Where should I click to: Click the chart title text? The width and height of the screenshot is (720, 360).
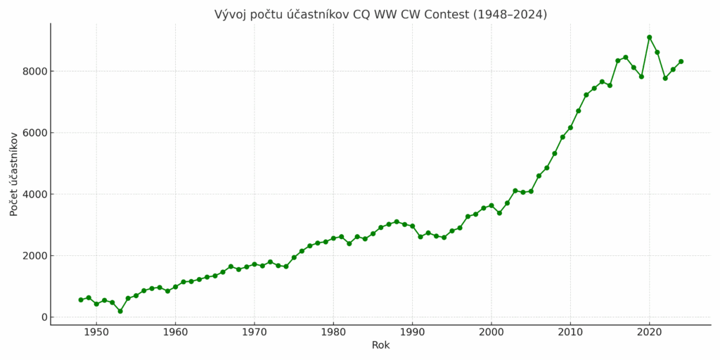[380, 15]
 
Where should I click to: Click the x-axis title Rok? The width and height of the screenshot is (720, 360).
[380, 345]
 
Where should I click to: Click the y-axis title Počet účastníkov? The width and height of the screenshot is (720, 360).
[14, 174]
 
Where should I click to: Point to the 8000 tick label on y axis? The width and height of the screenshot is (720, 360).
[33, 71]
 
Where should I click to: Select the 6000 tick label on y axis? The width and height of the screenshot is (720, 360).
[33, 133]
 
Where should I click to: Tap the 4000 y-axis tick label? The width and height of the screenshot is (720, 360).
[33, 194]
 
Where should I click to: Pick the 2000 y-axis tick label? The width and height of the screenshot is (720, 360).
[33, 256]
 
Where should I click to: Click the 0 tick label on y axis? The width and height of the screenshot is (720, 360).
[44, 317]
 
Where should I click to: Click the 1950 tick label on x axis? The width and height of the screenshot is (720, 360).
[96, 332]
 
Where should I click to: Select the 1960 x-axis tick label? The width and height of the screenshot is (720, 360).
[175, 332]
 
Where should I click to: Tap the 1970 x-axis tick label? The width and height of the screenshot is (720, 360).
[255, 332]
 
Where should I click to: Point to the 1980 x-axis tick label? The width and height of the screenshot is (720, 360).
[333, 332]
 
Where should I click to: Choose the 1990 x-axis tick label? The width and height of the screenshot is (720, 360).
[412, 332]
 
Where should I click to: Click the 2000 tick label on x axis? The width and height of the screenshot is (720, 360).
[491, 332]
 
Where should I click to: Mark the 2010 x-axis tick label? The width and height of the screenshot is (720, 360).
[570, 332]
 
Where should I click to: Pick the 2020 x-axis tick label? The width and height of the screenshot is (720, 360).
[649, 332]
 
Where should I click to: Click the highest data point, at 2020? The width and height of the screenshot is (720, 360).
[649, 37]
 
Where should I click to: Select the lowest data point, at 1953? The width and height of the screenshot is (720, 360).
[120, 311]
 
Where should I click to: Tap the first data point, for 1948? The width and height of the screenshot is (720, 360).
[81, 300]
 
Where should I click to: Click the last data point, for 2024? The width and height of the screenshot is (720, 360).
[681, 61]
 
